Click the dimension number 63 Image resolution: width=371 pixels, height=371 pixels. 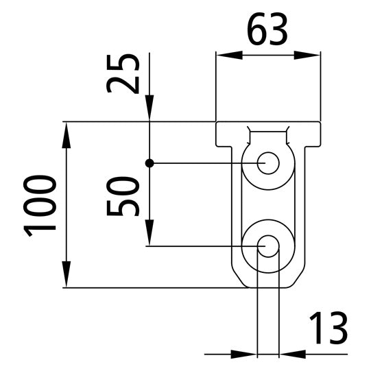pyautogui.click(x=267, y=30)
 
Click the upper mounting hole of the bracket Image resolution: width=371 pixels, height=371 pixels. pyautogui.click(x=268, y=163)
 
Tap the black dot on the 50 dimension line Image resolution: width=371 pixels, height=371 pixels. pyautogui.click(x=149, y=163)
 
